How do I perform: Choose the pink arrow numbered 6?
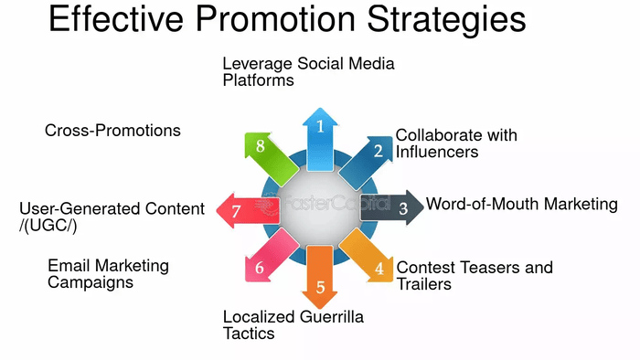pyautogui.click(x=263, y=263)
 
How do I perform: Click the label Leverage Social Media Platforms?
pyautogui.click(x=308, y=71)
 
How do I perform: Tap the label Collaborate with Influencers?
pyautogui.click(x=455, y=143)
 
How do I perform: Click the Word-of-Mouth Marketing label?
pyautogui.click(x=521, y=204)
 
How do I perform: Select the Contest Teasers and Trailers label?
pyautogui.click(x=474, y=275)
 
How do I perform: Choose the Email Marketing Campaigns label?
pyautogui.click(x=108, y=274)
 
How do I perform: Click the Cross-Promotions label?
pyautogui.click(x=112, y=131)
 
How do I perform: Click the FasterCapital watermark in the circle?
pyautogui.click(x=320, y=206)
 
